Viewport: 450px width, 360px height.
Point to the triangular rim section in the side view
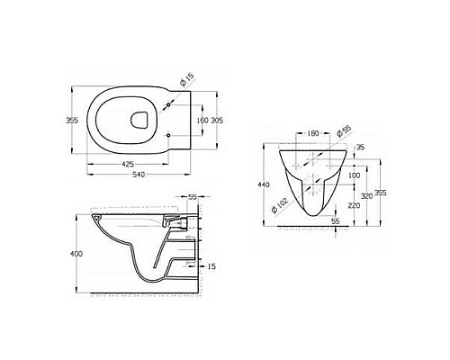[95, 219]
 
